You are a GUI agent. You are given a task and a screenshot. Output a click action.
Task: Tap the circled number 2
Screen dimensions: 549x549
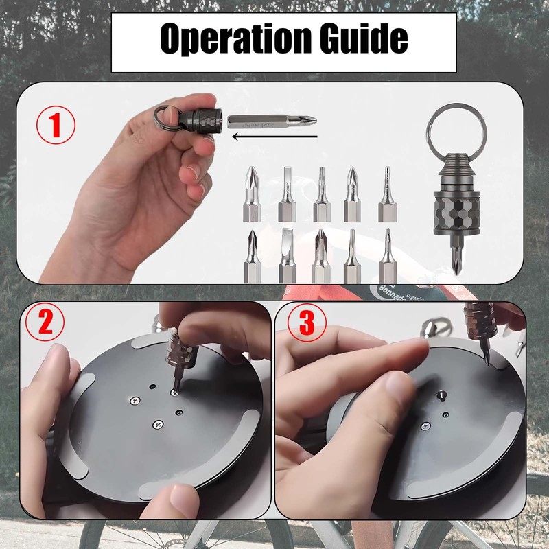pos(46,323)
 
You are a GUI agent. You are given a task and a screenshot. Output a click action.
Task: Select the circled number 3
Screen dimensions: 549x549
pos(306,323)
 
